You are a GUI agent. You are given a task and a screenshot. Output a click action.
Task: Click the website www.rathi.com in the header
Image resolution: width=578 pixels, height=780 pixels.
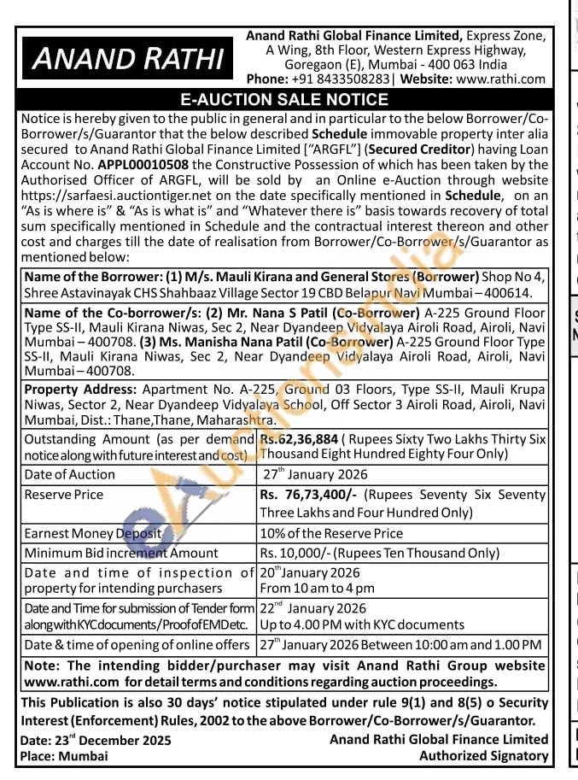click(x=500, y=79)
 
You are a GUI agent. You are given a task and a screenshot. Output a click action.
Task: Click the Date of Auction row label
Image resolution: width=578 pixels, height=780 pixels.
click(x=70, y=474)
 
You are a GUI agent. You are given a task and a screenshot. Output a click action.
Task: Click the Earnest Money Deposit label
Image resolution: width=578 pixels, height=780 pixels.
click(x=93, y=533)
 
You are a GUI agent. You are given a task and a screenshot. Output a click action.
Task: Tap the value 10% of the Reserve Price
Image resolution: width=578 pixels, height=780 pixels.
click(x=331, y=533)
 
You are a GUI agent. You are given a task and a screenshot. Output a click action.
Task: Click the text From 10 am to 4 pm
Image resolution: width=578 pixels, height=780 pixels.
click(x=318, y=589)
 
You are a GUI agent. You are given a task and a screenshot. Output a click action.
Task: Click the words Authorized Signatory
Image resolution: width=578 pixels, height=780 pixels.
click(x=483, y=755)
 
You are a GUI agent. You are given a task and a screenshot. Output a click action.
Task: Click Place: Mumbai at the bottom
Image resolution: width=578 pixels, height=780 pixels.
click(x=64, y=756)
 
